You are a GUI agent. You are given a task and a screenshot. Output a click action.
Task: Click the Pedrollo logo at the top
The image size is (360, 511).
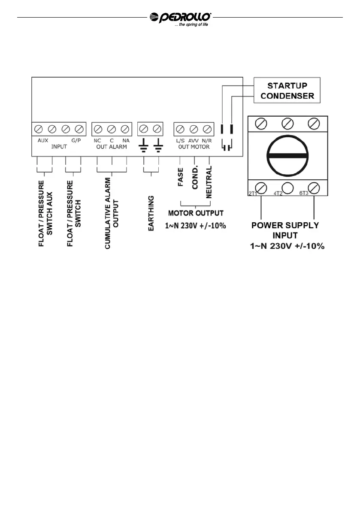pos(180,18)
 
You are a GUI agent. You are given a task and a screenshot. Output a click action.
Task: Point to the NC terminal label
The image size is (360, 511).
pos(97,140)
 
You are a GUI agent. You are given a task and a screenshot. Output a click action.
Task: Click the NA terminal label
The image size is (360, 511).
pos(126,140)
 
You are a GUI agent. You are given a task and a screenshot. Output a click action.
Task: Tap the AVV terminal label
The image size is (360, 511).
pos(194,140)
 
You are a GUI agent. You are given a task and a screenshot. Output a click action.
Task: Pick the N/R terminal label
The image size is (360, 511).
pos(207,140)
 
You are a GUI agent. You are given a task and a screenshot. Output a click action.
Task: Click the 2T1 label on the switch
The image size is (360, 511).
pos(253,194)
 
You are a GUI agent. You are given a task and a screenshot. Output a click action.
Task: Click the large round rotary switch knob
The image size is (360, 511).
pos(287,154)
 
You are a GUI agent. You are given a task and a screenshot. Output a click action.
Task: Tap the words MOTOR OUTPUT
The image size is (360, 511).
pos(196,213)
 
